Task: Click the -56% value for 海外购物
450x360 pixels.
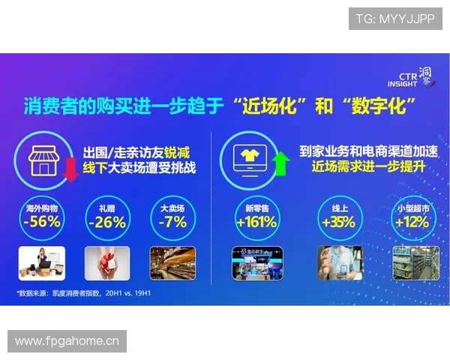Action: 42,222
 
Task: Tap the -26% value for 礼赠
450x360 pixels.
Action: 106,222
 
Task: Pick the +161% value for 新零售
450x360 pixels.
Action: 256,222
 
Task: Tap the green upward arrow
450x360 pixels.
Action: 282,162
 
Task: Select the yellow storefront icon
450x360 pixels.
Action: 44,156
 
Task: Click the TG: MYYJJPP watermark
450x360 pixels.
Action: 395,18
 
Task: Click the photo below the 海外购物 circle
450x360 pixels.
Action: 42,262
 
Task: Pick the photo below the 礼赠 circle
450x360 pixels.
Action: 106,262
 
